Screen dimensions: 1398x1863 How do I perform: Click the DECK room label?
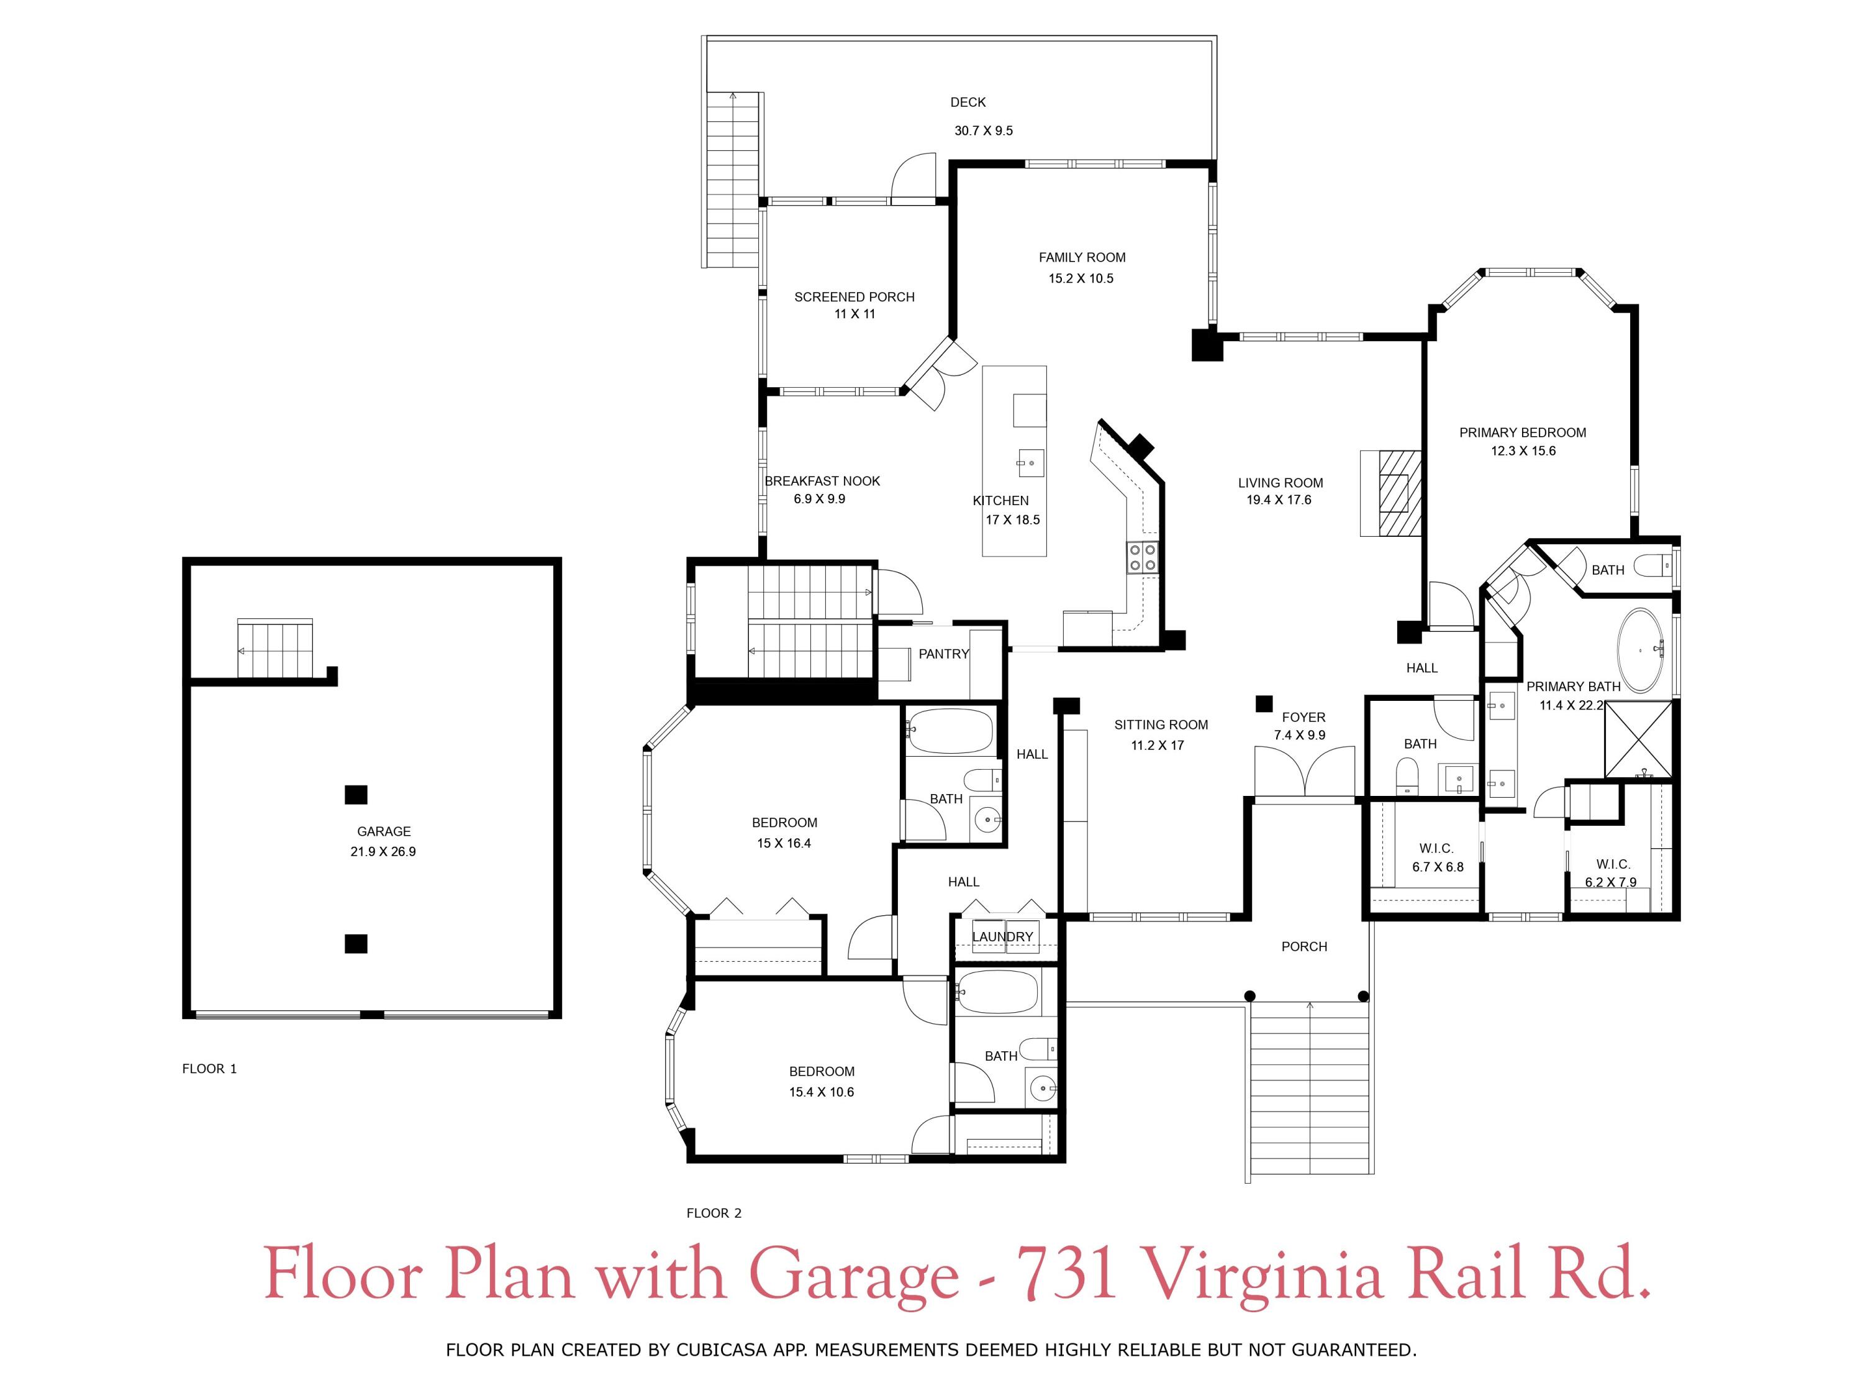coord(968,102)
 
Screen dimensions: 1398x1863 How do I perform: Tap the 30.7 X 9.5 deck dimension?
coord(983,130)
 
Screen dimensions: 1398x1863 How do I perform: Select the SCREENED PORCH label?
coord(854,296)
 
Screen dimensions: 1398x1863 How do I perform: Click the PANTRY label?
coord(943,654)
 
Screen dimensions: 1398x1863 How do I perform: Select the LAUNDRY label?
coord(1002,936)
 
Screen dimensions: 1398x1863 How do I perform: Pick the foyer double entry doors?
coord(1303,770)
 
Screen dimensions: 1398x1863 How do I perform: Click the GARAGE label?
coord(383,831)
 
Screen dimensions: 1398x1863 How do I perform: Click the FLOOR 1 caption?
coord(209,1069)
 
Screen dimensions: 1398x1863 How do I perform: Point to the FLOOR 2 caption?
coord(714,1213)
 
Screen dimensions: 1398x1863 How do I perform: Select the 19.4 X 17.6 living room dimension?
coord(1279,500)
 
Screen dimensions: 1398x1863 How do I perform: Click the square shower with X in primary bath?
coord(1638,738)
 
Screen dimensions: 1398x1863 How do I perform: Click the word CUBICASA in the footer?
coord(720,1350)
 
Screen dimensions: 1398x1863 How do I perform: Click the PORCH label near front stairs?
coord(1303,946)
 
